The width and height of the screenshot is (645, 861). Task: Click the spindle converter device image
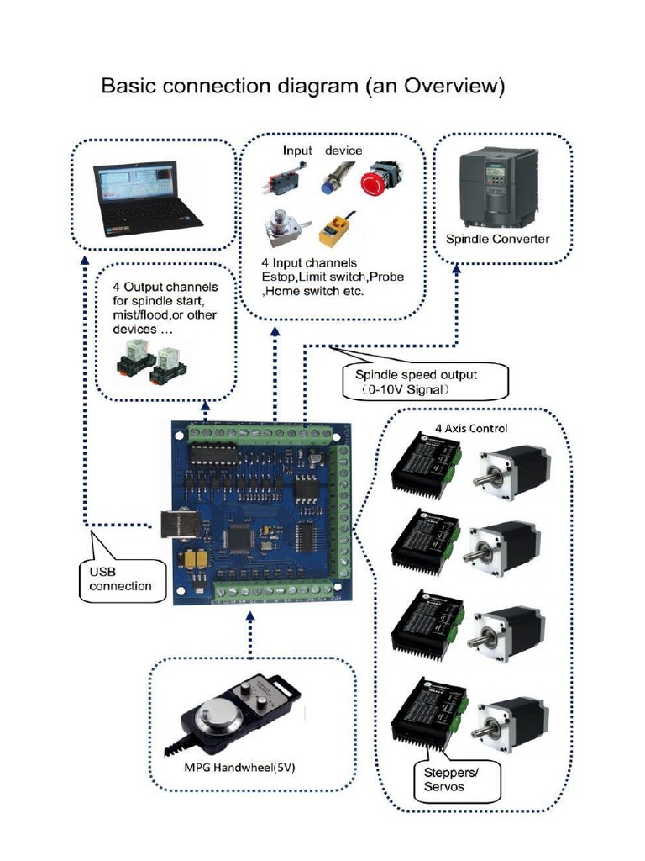pyautogui.click(x=497, y=187)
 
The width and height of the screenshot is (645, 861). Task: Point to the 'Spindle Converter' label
pyautogui.click(x=497, y=239)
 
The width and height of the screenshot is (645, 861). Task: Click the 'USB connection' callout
pyautogui.click(x=120, y=578)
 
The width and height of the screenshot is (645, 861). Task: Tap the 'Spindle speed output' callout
pyautogui.click(x=426, y=381)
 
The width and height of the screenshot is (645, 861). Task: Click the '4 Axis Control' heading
pyautogui.click(x=470, y=428)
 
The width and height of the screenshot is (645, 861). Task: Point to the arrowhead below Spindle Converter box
pyautogui.click(x=456, y=270)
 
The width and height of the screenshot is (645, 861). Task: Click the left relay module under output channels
pyautogui.click(x=134, y=362)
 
